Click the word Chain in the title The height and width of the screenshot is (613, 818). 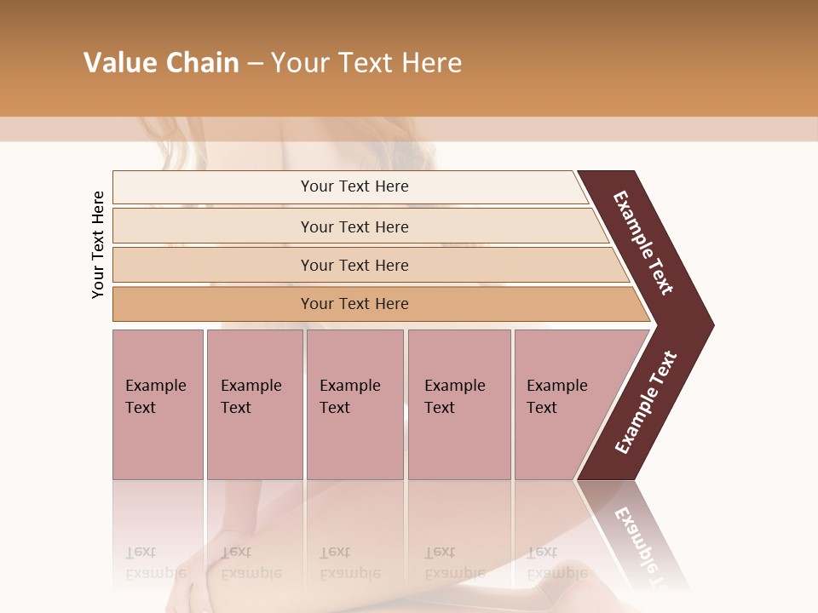(201, 63)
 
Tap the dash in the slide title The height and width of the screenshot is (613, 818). (255, 64)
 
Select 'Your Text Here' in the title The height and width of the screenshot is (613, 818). (366, 63)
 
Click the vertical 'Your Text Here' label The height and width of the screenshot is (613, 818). (98, 244)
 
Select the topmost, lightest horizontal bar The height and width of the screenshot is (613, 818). (354, 186)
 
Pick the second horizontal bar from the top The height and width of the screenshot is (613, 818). (354, 226)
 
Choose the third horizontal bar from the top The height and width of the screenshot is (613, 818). (354, 265)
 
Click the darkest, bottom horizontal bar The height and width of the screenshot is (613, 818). (354, 304)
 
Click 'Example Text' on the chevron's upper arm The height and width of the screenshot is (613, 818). (643, 243)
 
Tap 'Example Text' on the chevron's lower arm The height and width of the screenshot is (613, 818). (647, 403)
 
